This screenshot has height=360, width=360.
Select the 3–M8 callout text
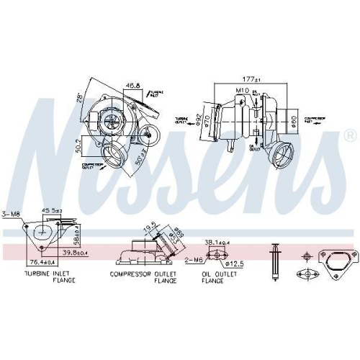[x=12, y=213]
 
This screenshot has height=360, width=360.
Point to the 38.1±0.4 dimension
[x=219, y=243]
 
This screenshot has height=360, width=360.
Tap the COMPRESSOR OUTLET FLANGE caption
[x=143, y=277]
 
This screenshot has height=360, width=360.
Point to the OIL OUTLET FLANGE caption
[x=217, y=277]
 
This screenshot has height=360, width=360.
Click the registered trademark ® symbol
[x=349, y=135]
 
